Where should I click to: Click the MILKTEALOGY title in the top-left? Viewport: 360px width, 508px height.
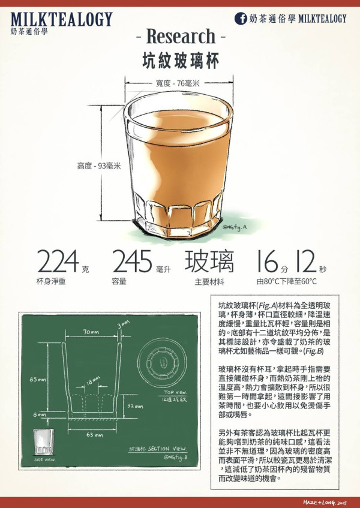pos(61,19)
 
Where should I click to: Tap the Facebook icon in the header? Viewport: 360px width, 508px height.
pos(241,19)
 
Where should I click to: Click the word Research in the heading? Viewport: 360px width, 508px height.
pos(180,37)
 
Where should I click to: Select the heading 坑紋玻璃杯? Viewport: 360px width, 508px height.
pos(180,61)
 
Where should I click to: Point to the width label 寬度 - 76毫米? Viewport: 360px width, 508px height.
pos(178,83)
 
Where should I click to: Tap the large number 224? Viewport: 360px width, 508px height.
pos(58,263)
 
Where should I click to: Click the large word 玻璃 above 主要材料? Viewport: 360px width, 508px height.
pos(209,262)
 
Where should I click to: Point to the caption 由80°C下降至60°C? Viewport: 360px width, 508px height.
pos(286,281)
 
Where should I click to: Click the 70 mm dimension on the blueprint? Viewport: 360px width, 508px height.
pos(91,331)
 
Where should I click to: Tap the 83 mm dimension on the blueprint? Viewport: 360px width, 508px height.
pos(37,380)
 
